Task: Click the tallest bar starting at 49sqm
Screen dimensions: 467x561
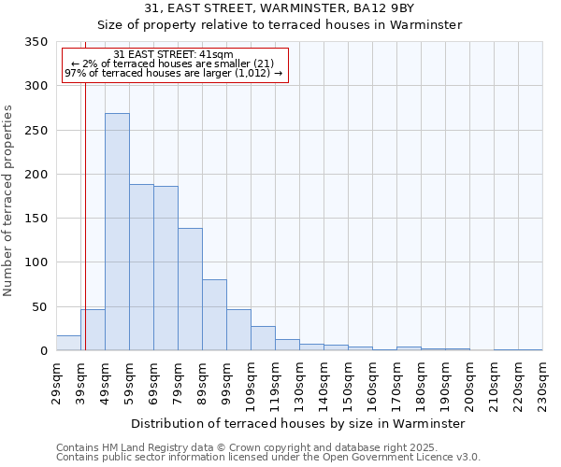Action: (117, 232)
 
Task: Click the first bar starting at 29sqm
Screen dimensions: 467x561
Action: (68, 343)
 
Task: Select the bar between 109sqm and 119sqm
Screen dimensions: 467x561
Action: (263, 338)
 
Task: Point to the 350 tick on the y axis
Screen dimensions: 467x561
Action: (36, 42)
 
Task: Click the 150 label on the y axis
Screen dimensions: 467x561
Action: (36, 219)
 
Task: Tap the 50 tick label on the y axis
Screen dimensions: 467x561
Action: (39, 307)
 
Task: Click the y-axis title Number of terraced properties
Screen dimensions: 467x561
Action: (9, 201)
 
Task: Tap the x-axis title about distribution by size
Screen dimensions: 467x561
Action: (298, 423)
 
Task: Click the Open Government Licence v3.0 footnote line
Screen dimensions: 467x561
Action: (268, 457)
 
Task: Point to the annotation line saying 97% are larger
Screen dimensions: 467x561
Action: (173, 74)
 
